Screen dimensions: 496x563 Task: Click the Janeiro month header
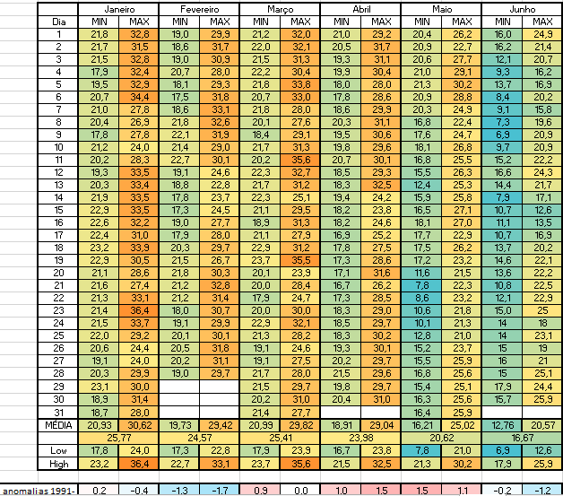(x=118, y=8)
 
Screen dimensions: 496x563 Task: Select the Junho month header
(x=522, y=8)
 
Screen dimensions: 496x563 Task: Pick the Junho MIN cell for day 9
(x=502, y=134)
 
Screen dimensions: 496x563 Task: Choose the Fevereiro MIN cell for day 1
(x=179, y=33)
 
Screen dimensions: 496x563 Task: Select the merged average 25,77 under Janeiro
(x=118, y=437)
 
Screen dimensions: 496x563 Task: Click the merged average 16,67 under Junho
(x=522, y=437)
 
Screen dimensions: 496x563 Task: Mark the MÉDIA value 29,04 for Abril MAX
(x=381, y=424)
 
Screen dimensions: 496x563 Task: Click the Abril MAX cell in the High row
(x=381, y=464)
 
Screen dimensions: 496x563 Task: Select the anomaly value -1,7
(x=220, y=490)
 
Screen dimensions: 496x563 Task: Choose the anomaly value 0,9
(x=260, y=490)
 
